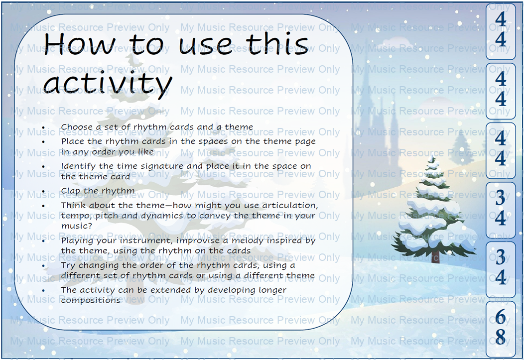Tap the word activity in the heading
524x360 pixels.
(x=108, y=83)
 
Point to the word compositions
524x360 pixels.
(x=90, y=300)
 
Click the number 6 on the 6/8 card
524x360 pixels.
(x=500, y=316)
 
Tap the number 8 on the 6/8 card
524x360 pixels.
(x=500, y=336)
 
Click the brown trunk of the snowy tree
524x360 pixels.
(x=435, y=257)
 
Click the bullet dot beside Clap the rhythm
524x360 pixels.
(x=43, y=192)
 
